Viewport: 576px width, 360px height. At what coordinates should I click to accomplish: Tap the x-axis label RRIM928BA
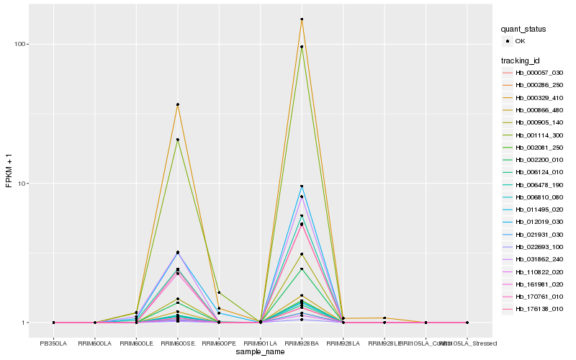point(302,343)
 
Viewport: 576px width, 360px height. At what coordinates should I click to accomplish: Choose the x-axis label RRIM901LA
point(260,343)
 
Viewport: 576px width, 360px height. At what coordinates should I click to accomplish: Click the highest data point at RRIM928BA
point(302,19)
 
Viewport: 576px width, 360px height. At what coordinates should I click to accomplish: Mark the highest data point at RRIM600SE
point(177,104)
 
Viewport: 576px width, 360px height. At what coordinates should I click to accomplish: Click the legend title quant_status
point(523,29)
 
